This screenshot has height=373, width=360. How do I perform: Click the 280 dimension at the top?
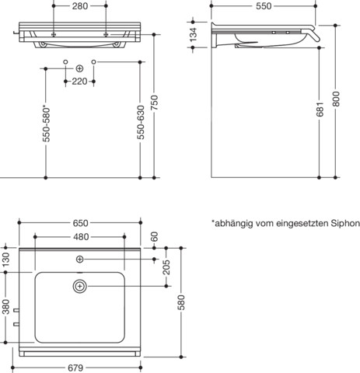click(x=79, y=7)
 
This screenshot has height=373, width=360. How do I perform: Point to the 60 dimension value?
click(x=155, y=236)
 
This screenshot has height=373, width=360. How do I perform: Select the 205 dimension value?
click(x=165, y=267)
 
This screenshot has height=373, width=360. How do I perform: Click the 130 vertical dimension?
click(x=6, y=260)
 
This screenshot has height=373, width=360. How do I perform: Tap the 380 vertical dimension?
click(x=6, y=309)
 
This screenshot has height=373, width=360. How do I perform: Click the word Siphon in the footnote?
click(x=343, y=222)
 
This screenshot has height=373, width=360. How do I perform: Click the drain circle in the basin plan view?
click(x=79, y=286)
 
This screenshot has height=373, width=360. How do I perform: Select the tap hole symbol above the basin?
click(x=79, y=257)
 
